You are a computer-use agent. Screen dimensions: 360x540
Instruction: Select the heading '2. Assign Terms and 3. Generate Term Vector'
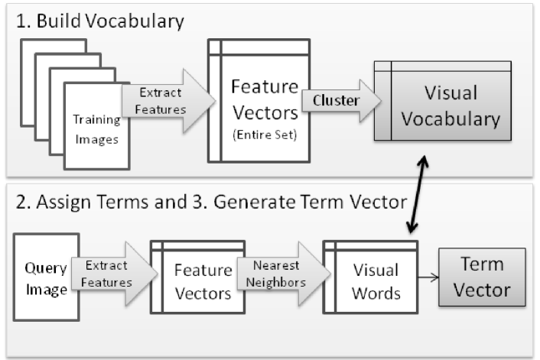(203, 205)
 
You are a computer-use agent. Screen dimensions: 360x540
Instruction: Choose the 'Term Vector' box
(481, 277)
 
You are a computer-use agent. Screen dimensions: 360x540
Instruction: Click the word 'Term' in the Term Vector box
(482, 264)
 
